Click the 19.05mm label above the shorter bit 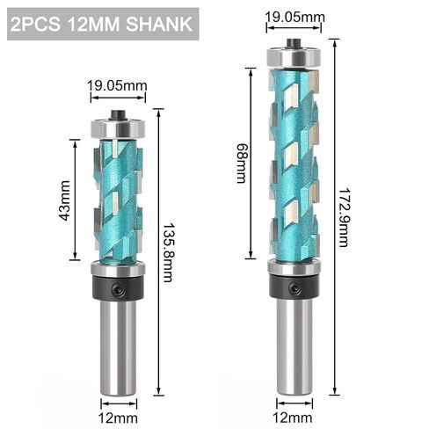point(116,85)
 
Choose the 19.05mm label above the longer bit point(294,15)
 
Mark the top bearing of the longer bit point(294,56)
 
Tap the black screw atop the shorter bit point(116,113)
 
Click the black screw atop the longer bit point(294,40)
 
